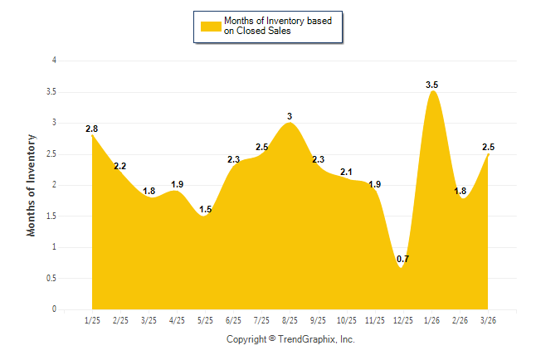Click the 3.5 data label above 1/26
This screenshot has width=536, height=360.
click(431, 85)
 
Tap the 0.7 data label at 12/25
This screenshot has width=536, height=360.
click(402, 259)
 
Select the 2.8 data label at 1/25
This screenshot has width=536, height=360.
click(92, 129)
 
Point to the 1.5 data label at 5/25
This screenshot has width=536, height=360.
click(205, 209)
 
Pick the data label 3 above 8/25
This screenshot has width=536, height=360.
click(290, 116)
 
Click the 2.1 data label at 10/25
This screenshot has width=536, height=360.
click(346, 172)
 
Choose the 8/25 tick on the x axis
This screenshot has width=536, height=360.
click(290, 320)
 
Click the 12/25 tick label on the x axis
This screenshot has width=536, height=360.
click(402, 320)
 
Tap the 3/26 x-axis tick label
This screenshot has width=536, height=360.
click(487, 320)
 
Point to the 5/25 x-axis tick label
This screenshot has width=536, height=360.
click(205, 320)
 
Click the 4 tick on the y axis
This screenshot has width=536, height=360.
click(54, 61)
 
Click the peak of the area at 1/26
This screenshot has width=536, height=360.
click(432, 92)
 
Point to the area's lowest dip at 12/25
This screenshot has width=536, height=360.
click(401, 267)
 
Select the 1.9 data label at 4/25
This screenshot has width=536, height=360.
click(177, 184)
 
